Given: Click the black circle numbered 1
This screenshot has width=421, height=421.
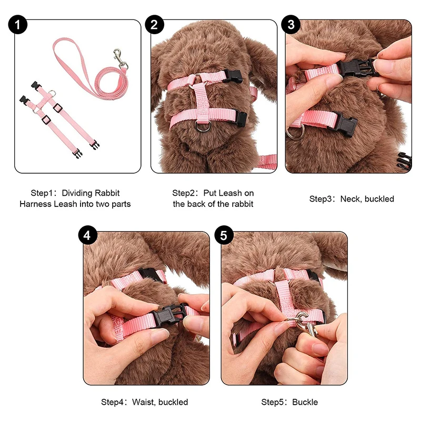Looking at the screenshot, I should tap(20, 25).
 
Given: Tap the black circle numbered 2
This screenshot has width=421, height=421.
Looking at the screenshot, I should tap(154, 25).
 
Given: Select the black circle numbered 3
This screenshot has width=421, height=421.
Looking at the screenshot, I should tap(291, 25).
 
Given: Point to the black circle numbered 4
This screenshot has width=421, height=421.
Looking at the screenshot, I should tap(88, 236).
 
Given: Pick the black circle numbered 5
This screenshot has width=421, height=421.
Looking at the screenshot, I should tap(224, 236).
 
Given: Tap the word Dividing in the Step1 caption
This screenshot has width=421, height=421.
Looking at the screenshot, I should tap(85, 193).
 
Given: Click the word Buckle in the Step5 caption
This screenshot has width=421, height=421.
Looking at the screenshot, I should tap(305, 402).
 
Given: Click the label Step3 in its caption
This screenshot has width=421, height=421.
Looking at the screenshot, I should tap(322, 199).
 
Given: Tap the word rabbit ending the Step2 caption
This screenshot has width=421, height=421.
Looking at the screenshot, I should tap(241, 204).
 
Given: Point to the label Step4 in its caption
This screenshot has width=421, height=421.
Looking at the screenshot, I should tap(114, 402).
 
